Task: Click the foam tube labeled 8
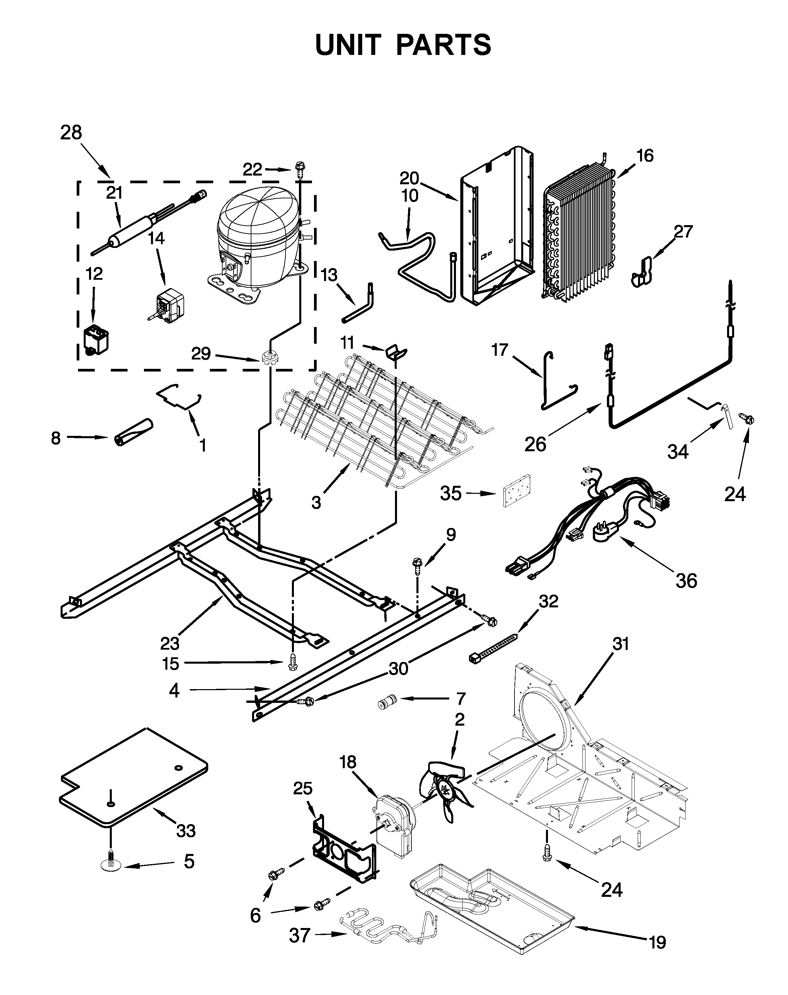(133, 432)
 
